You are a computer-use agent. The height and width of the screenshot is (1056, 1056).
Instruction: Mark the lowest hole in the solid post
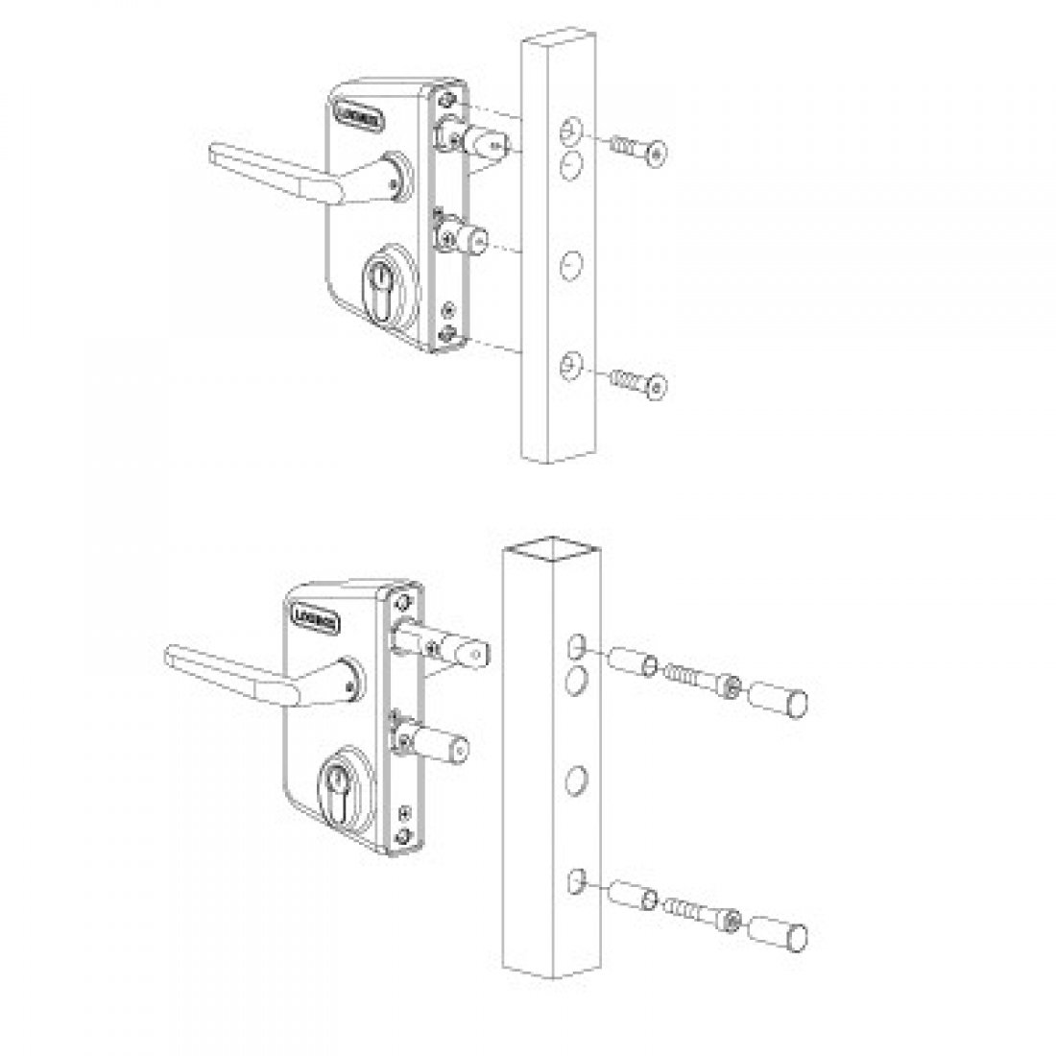pos(570,364)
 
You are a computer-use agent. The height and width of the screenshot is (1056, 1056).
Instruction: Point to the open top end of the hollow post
pos(551,550)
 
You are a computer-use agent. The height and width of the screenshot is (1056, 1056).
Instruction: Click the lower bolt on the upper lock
pos(468,234)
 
